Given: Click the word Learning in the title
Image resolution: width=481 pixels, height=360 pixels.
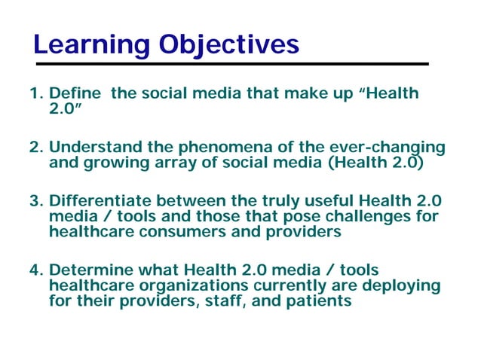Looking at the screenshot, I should coord(91,45).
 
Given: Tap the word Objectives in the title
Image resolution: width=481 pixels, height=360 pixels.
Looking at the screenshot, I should coord(228,45).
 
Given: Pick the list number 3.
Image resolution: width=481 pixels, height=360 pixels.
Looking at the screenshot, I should coord(35,201).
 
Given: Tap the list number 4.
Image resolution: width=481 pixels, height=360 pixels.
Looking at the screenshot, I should coord(35,270).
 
